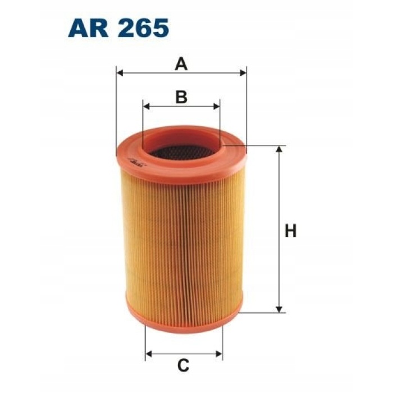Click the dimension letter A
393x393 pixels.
(181, 64)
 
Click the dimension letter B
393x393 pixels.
(181, 97)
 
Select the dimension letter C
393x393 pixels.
(183, 365)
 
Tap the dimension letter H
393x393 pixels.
(290, 231)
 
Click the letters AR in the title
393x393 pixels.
(88, 28)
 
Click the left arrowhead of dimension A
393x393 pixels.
(120, 73)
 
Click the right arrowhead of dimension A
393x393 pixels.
(243, 73)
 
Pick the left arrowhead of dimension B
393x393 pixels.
(146, 106)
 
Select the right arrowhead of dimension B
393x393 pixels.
(216, 106)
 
